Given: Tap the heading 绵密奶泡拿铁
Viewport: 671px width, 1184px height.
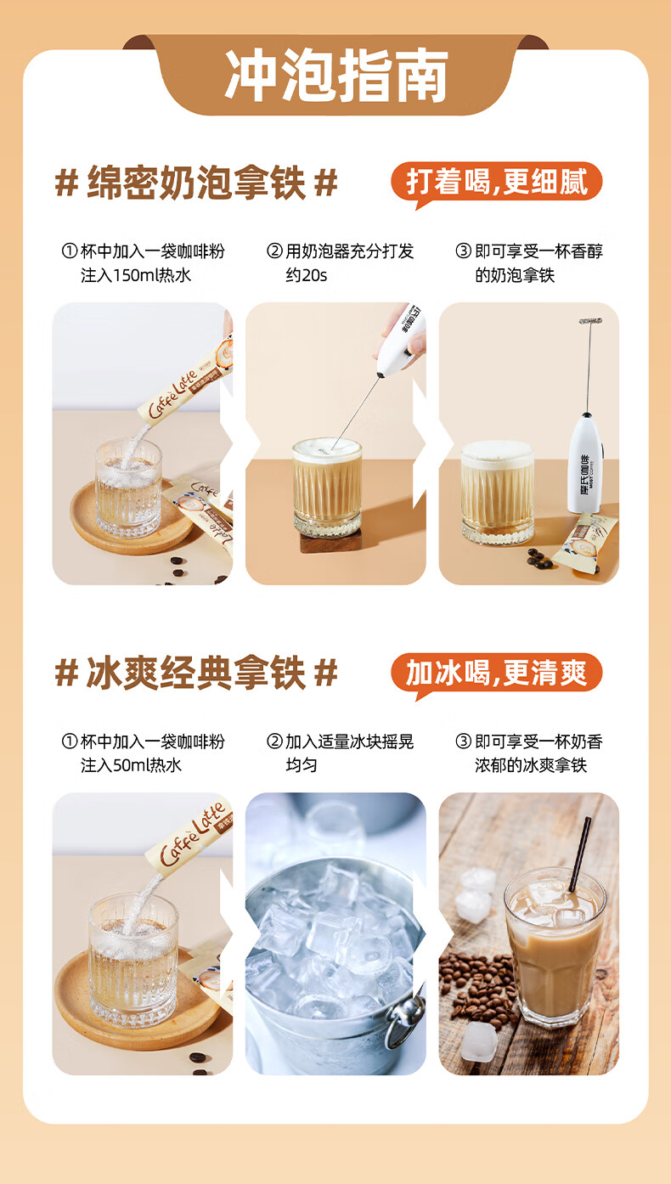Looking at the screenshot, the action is coord(196,183).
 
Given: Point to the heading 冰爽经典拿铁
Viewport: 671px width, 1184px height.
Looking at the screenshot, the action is coord(196,673).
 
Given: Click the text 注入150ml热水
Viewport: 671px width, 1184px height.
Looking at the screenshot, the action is coord(136,275).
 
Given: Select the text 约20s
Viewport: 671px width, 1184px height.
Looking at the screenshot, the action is coord(306,275).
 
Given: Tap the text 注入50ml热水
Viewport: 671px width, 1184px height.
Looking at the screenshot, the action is coord(131,765).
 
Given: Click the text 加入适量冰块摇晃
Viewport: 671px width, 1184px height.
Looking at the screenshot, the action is coord(349,741).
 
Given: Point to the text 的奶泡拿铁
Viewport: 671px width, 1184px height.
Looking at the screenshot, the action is coord(515,275).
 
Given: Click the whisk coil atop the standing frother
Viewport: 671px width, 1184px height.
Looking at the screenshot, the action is coord(590,321).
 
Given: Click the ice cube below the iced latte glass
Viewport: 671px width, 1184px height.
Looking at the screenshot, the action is coord(479,1040).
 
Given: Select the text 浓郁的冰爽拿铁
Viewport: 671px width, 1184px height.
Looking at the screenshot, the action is coord(531,765).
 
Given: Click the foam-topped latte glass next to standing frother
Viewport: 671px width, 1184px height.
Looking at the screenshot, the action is coord(497,492).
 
